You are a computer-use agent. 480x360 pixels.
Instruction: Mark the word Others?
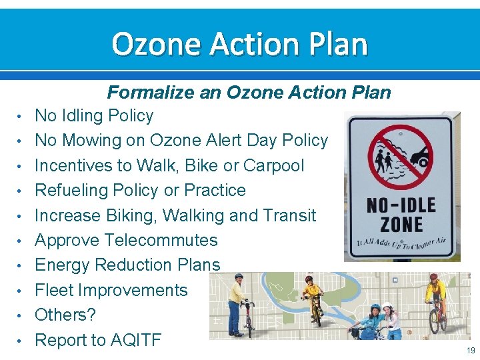[x=65, y=315]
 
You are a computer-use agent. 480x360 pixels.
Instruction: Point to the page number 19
[x=471, y=351]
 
